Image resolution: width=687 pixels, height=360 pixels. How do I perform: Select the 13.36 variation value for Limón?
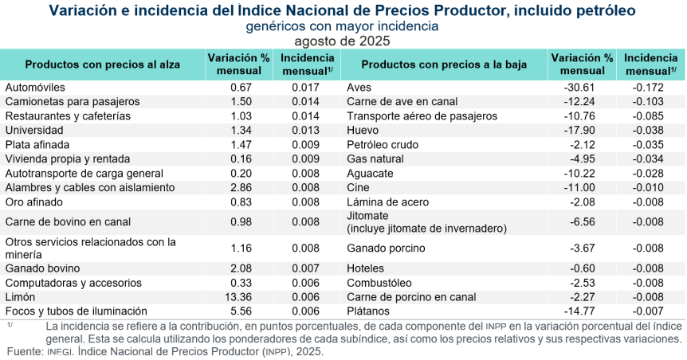pyautogui.click(x=241, y=296)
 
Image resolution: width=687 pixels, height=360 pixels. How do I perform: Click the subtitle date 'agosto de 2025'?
pyautogui.click(x=343, y=40)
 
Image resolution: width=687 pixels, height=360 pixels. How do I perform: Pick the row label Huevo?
pyautogui.click(x=362, y=130)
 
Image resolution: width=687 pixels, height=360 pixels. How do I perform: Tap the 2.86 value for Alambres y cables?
pyautogui.click(x=241, y=187)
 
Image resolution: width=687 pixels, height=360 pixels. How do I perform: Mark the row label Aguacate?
pyautogui.click(x=371, y=173)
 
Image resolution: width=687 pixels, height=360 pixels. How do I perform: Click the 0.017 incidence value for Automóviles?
pyautogui.click(x=306, y=87)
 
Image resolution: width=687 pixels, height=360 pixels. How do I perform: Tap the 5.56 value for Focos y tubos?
pyautogui.click(x=241, y=311)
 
